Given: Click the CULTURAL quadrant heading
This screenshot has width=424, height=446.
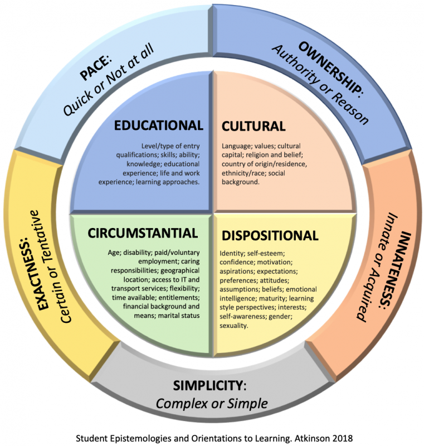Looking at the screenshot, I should pos(254,126).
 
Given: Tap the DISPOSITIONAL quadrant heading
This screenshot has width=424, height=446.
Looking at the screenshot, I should pos(269,235).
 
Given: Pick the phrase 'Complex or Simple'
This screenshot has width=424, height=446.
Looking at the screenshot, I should pos(212,403).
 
